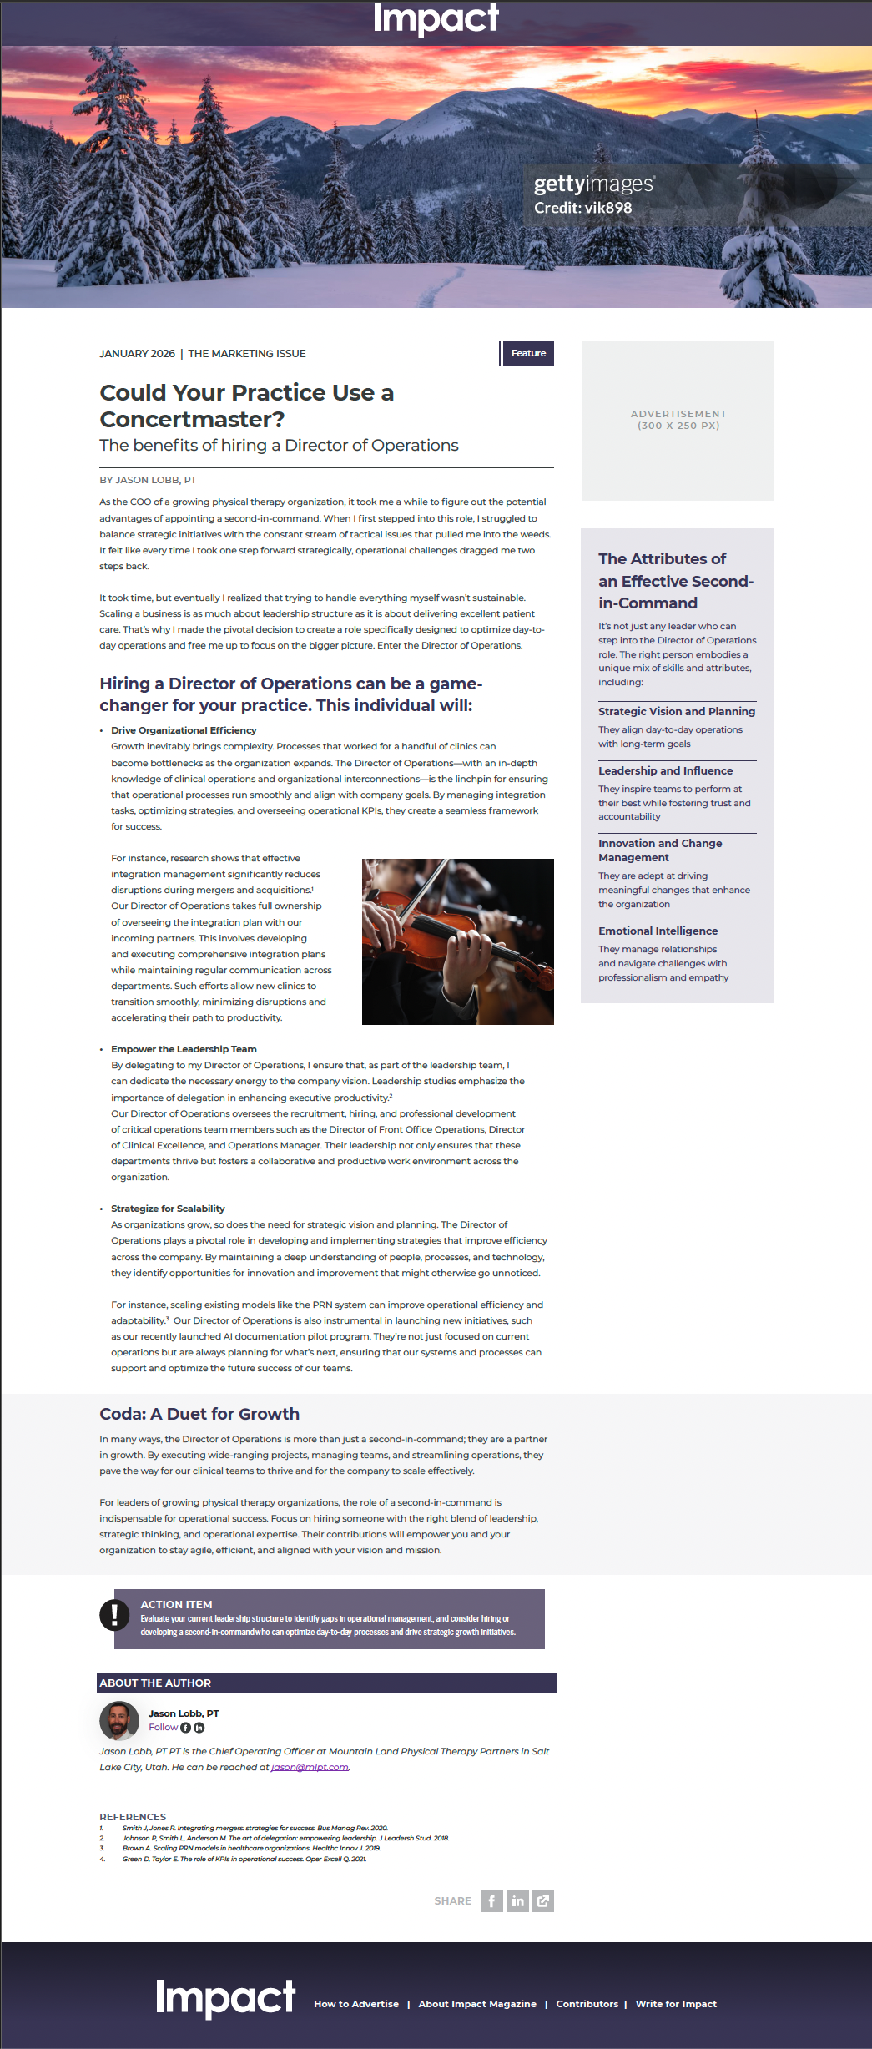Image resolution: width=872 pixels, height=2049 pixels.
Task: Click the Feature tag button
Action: coord(528,353)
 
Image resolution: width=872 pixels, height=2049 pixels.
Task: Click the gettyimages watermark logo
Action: coord(593,184)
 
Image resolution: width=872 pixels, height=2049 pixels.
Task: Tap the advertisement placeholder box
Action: coord(678,420)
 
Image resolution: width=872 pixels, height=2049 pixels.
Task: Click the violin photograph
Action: coord(457,941)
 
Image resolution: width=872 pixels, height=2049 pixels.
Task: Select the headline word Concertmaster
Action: coord(192,419)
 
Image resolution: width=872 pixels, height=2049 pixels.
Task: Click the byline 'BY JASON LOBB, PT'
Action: coord(148,480)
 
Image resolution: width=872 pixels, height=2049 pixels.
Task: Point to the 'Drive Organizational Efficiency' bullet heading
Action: coord(184,730)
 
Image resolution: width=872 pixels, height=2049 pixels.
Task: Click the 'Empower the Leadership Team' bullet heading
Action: coord(184,1049)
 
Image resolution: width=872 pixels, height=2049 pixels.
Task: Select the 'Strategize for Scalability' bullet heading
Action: coord(168,1209)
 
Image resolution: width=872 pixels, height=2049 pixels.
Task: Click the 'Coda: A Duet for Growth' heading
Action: coord(199,1414)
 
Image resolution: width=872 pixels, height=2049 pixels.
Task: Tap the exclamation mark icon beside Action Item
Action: coord(114,1614)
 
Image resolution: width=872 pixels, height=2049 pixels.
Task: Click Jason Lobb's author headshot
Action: coord(119,1720)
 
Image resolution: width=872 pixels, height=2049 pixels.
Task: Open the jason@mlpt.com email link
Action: coord(310,1767)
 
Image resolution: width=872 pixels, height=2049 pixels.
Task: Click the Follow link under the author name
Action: coord(163,1727)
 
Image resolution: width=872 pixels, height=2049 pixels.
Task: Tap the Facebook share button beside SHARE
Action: coord(491,1900)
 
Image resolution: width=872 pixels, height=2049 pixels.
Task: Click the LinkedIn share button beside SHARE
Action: coord(518,1900)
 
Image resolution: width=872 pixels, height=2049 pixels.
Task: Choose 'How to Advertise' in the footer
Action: coord(356,2004)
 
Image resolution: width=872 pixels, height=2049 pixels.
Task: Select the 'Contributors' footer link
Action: coord(587,2004)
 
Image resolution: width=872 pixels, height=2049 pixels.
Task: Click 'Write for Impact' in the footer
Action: coord(676,2004)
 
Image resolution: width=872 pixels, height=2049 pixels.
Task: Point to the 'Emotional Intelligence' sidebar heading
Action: coord(658,931)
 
